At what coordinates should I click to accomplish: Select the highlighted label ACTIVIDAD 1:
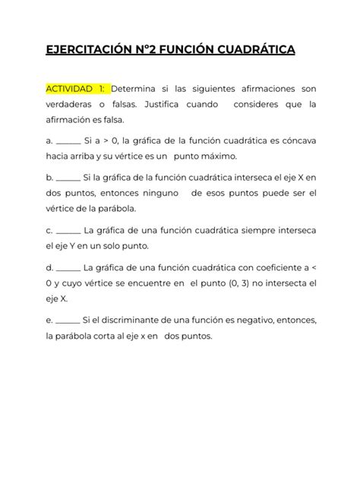click(x=77, y=88)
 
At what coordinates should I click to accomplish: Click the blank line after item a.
click(x=69, y=141)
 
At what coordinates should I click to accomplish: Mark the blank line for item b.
click(x=68, y=178)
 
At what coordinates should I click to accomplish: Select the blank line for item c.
click(x=68, y=230)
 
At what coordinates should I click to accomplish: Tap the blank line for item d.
click(x=69, y=267)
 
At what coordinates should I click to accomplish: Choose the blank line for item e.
click(x=68, y=320)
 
